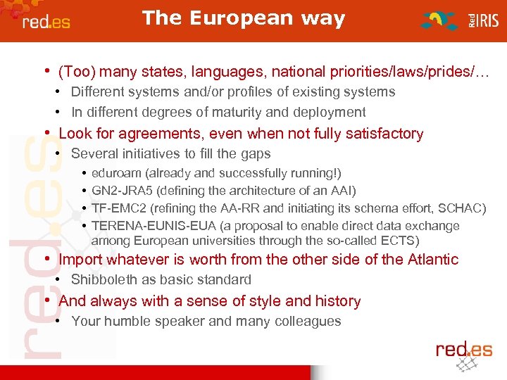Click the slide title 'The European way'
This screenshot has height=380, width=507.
click(244, 18)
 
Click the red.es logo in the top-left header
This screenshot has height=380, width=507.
click(46, 21)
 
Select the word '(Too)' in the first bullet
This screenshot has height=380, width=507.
click(75, 72)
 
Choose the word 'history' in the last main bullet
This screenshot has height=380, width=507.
click(337, 301)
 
